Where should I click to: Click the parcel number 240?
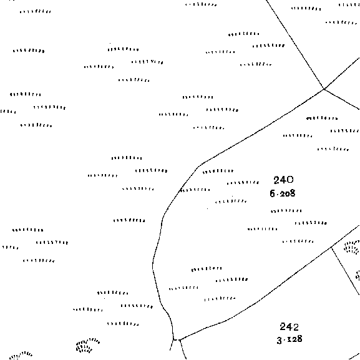[x=283, y=180]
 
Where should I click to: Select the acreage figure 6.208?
[x=283, y=193]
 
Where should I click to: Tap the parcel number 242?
[x=289, y=327]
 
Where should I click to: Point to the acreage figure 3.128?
[x=289, y=340]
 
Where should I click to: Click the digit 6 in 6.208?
[x=273, y=193]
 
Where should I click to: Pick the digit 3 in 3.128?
[x=279, y=340]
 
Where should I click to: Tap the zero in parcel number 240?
[x=289, y=180]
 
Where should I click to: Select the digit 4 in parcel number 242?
[x=289, y=327]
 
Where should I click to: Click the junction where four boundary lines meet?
[x=324, y=89]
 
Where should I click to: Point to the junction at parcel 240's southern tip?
[x=177, y=339]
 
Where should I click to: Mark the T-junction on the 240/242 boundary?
[x=331, y=247]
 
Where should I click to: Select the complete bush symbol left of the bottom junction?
[x=87, y=346]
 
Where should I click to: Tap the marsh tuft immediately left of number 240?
[x=243, y=183]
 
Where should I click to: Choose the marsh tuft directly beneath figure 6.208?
[x=286, y=211]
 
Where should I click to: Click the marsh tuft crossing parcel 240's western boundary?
[x=195, y=190]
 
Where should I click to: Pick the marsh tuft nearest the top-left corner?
[x=36, y=11]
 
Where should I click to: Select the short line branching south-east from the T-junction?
[x=346, y=271]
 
